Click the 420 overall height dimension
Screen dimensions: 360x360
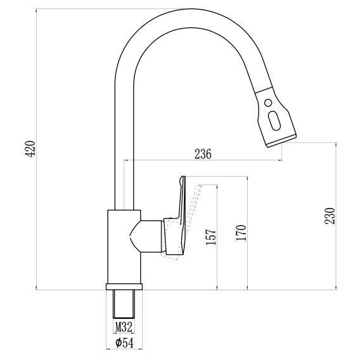coord(30,149)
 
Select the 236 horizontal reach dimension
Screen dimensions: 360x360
coord(203,154)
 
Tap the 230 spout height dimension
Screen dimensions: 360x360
coord(330,216)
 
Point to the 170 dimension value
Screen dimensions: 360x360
coord(241,233)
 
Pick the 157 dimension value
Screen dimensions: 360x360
coord(210,237)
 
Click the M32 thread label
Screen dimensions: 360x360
coord(124,326)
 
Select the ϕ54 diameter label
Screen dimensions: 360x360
coord(124,343)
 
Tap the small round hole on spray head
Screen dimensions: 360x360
coord(268,103)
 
